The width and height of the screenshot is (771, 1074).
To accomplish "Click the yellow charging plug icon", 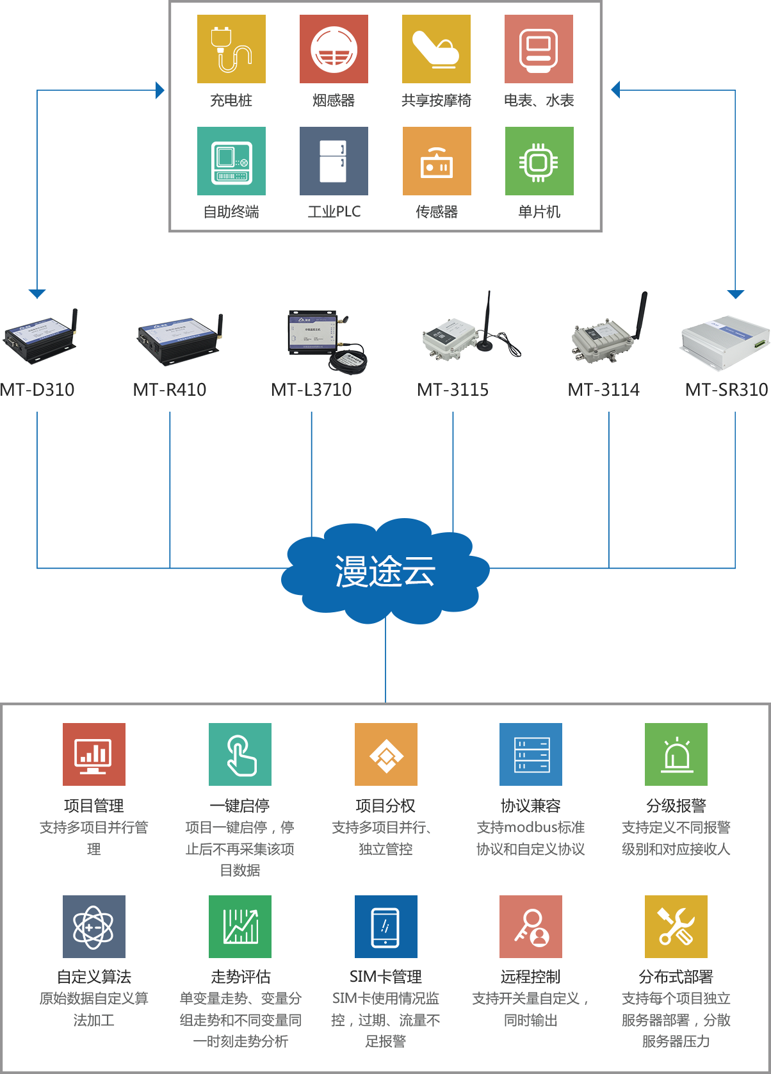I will click(231, 49).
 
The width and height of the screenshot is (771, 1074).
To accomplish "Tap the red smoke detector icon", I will click(334, 49).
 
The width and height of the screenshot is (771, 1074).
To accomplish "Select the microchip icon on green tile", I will click(539, 161).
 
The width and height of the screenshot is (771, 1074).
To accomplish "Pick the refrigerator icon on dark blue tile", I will click(334, 161).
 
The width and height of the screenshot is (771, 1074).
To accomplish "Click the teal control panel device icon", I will click(231, 161).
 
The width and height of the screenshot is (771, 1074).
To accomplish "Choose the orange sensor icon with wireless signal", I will click(436, 161).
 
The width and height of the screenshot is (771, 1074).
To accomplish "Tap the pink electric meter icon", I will click(539, 49).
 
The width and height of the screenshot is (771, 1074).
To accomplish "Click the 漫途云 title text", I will click(385, 571).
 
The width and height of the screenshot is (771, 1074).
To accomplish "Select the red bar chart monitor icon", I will click(94, 754).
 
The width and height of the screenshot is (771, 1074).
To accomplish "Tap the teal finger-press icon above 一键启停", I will click(239, 754).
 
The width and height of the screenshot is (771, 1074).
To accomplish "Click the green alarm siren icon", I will click(676, 754).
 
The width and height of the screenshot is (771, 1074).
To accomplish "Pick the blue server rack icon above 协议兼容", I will click(531, 754).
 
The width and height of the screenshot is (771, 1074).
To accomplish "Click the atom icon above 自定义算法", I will click(94, 927).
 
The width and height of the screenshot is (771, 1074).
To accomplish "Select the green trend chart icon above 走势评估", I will click(239, 927).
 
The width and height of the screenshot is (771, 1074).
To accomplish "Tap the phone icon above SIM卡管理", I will click(385, 927).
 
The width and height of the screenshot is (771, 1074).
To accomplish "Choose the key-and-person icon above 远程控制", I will click(531, 927).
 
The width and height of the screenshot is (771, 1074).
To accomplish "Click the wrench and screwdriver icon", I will click(676, 927).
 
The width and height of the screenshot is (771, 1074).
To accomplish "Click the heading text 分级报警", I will click(676, 806).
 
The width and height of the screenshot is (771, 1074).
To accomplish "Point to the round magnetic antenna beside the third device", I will click(348, 361).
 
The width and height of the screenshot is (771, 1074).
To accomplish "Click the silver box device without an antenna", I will click(724, 344).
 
